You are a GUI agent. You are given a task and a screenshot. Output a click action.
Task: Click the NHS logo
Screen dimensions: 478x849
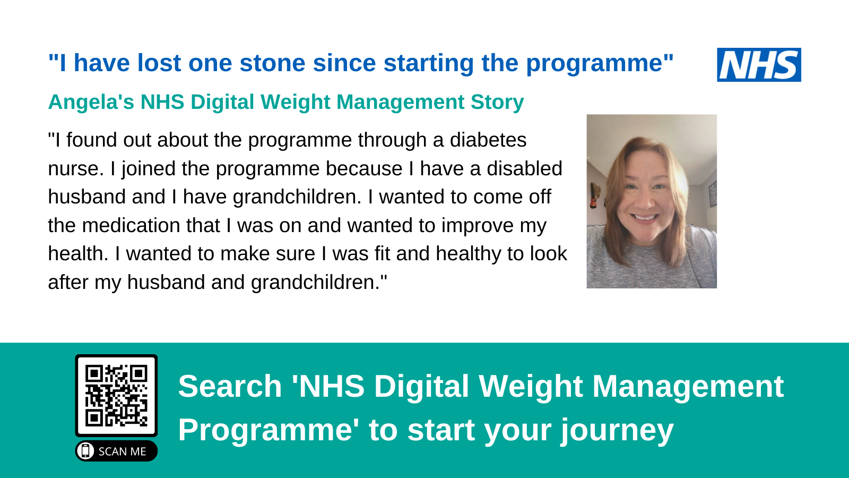click(759, 65)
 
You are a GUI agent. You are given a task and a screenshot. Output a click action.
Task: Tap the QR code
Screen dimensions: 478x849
click(116, 396)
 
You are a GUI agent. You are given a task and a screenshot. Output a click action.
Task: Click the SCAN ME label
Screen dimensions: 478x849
click(122, 451)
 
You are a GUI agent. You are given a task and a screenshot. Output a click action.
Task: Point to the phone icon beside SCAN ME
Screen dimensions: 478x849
click(85, 451)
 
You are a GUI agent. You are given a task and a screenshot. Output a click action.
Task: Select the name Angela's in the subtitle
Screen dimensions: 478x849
click(91, 102)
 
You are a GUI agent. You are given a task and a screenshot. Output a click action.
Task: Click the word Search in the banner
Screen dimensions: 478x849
click(230, 386)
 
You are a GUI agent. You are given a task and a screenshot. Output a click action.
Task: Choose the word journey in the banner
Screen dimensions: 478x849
click(617, 430)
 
